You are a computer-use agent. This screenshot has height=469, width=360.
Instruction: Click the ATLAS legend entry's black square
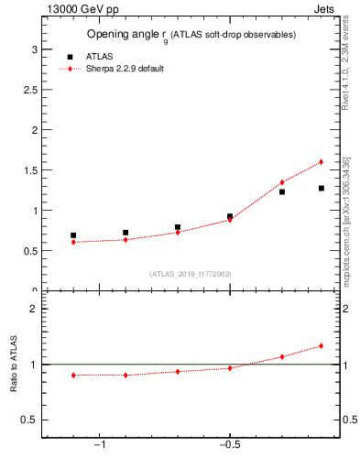click(70, 57)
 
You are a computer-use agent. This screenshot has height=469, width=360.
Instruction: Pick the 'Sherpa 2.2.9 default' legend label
click(125, 69)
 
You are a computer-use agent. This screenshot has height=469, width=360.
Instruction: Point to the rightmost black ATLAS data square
click(322, 189)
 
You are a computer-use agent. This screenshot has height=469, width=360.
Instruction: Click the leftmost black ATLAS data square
click(73, 235)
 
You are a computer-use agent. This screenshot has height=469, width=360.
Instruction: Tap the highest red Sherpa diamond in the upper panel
click(322, 162)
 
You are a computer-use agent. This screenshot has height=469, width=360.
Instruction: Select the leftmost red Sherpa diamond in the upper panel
click(73, 242)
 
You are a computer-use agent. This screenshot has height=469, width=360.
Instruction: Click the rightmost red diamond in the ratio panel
click(322, 346)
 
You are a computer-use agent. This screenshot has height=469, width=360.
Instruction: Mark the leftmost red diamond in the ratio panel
click(73, 375)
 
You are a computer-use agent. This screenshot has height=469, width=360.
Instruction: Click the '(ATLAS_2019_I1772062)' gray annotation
click(191, 274)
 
